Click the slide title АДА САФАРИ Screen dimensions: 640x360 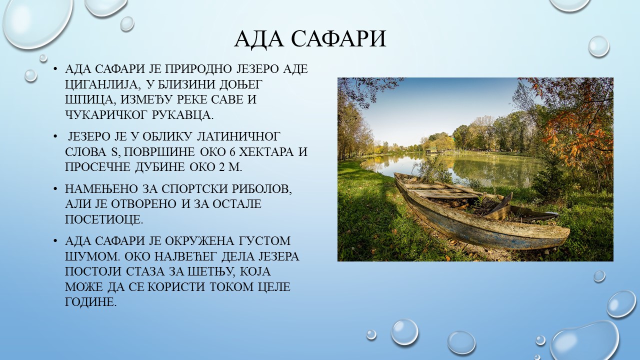click(310, 39)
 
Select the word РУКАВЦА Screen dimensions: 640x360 click(183, 115)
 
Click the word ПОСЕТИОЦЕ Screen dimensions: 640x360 click(103, 219)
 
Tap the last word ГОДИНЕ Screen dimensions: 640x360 click(90, 302)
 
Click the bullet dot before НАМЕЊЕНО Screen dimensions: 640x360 click(55, 189)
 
